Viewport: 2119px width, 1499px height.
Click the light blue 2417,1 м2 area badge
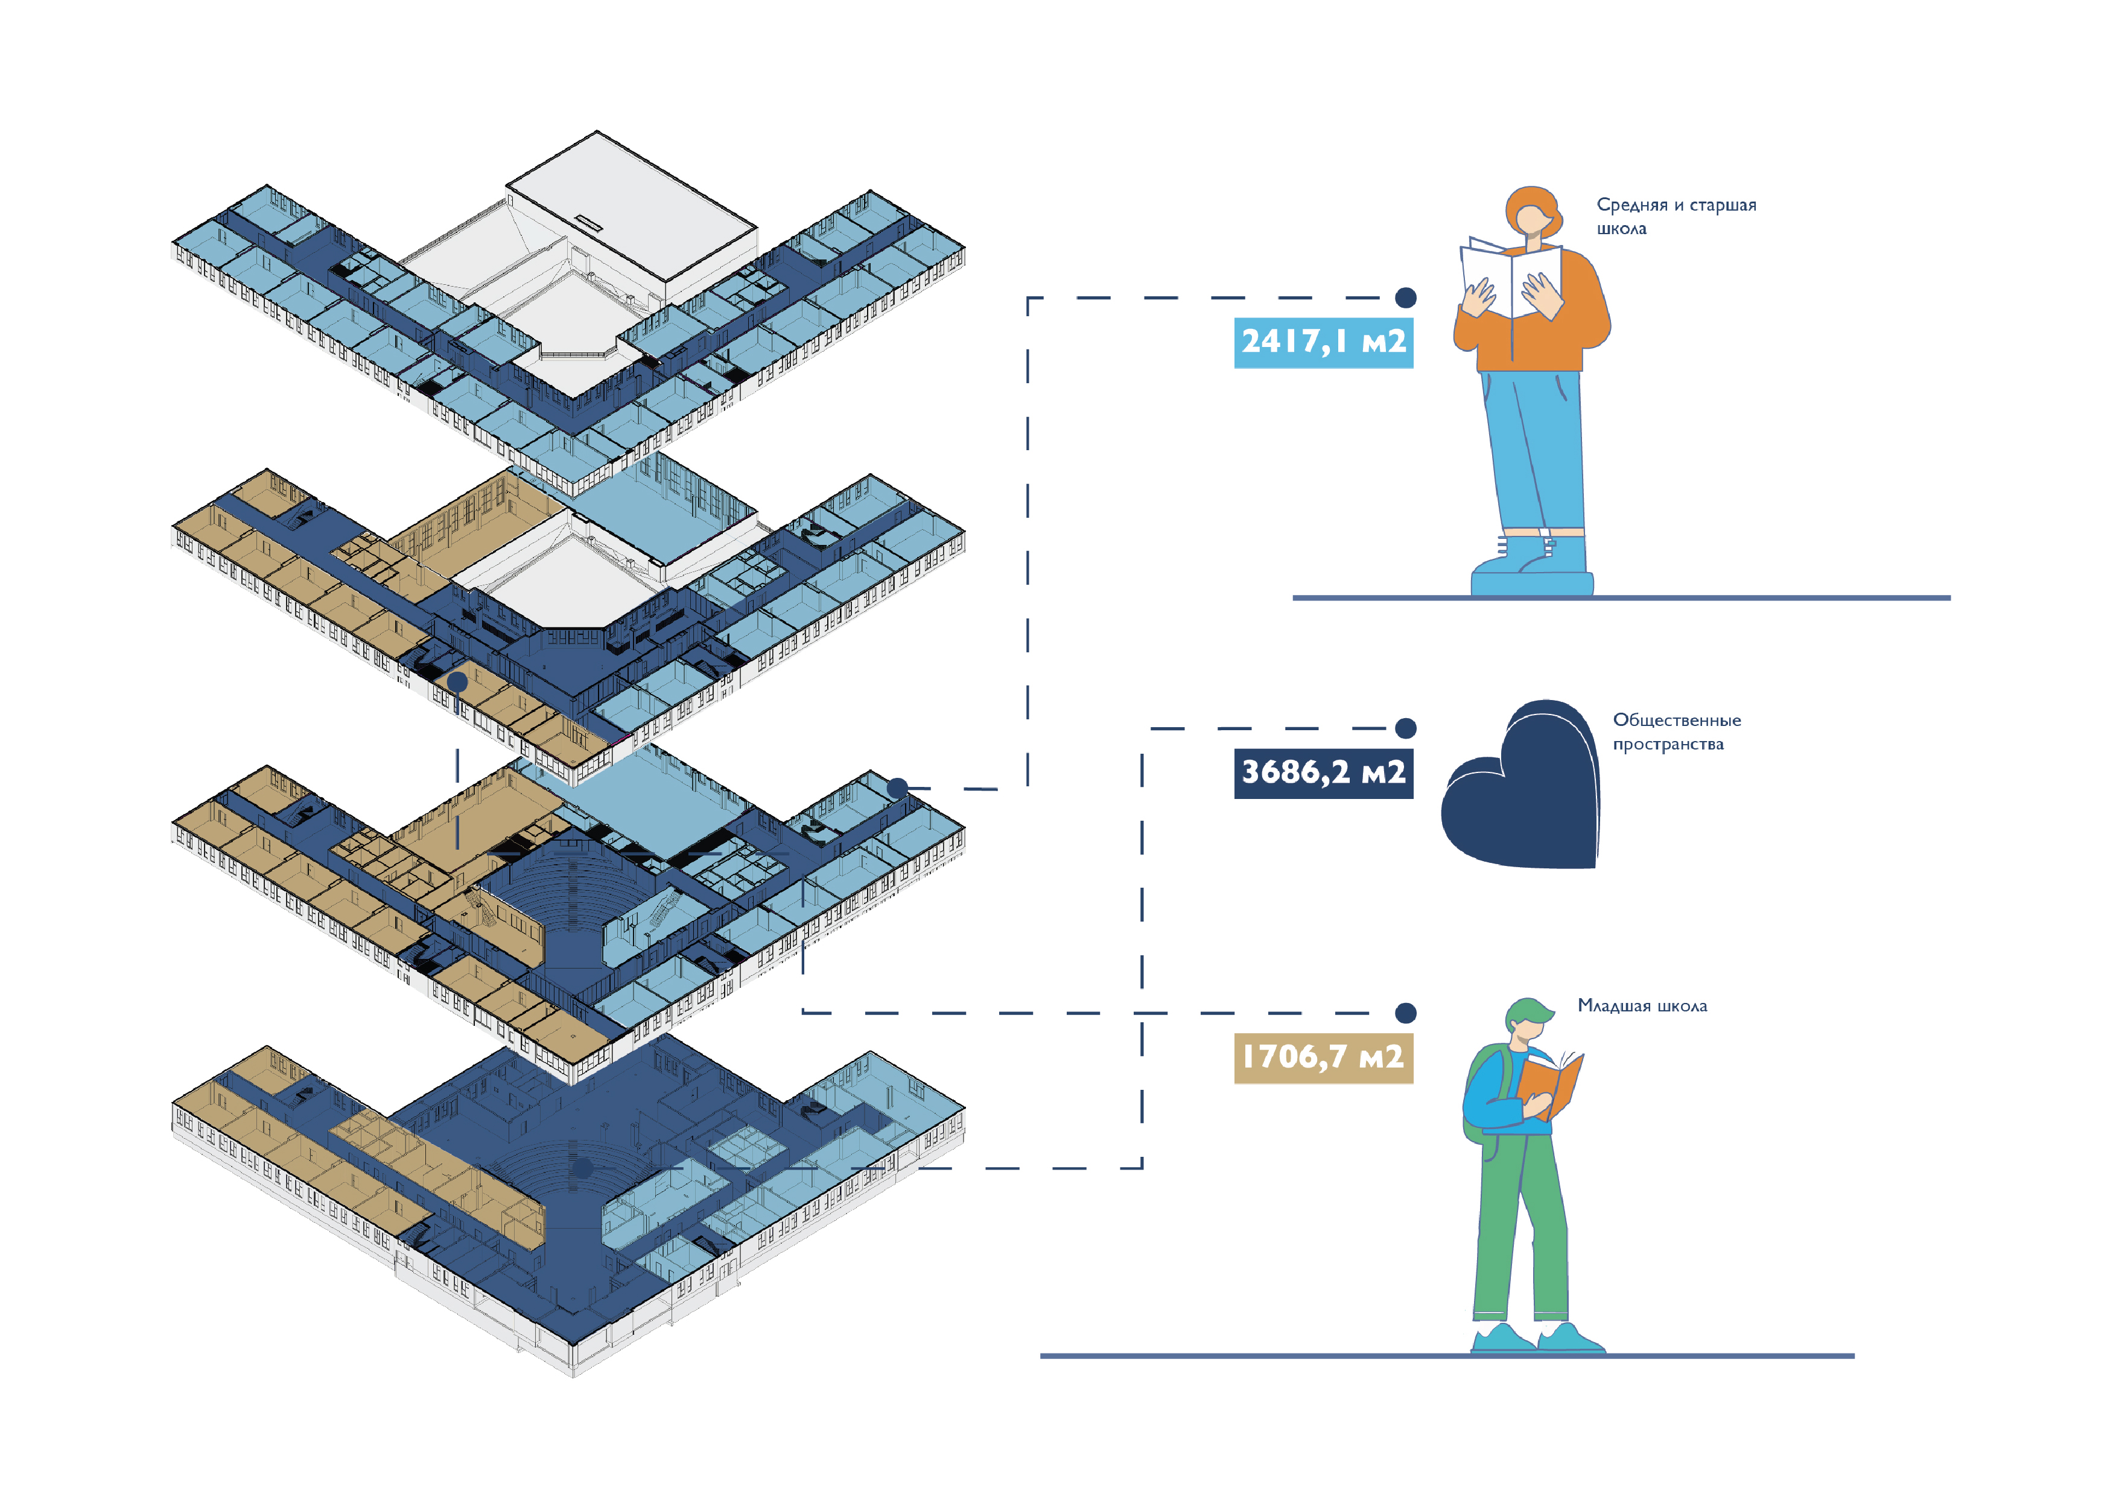[x=1323, y=342]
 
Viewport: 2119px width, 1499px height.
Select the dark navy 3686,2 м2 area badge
[x=1323, y=772]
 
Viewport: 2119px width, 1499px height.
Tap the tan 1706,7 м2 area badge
[x=1323, y=1057]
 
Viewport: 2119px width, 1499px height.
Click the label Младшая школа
[x=1642, y=1006]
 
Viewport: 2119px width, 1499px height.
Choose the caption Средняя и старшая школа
[x=1676, y=216]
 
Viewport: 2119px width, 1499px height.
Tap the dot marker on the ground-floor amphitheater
[x=582, y=1168]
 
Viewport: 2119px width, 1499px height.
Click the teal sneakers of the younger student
[x=1537, y=1338]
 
